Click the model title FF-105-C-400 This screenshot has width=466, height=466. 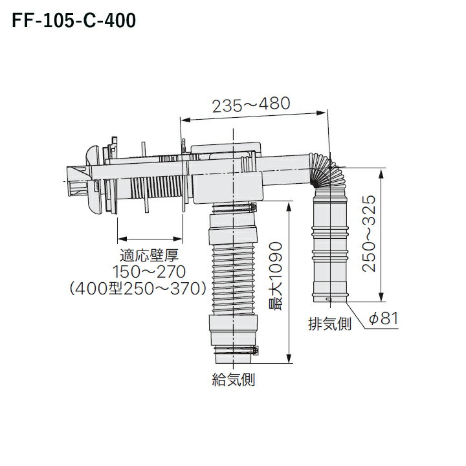(x=71, y=22)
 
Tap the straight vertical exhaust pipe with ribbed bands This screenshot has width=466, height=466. (x=331, y=246)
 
